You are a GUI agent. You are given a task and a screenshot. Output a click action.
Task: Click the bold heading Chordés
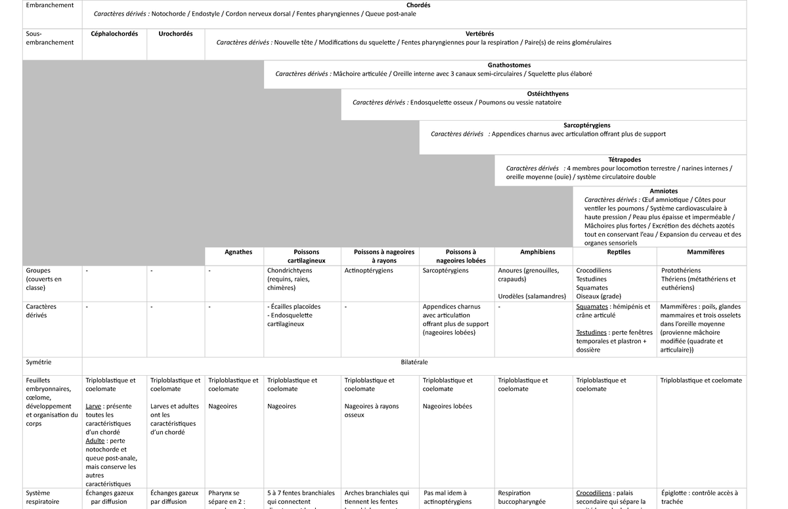(418, 5)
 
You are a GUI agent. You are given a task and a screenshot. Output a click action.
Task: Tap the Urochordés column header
(175, 34)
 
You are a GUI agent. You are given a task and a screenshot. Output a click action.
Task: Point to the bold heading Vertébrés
(479, 34)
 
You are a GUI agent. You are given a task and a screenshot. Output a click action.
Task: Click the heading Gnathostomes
(510, 66)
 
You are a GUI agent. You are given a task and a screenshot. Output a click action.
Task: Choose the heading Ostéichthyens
(548, 94)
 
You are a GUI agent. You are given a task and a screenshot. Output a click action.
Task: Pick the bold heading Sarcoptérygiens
(587, 125)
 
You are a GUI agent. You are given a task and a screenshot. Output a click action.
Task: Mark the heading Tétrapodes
(624, 159)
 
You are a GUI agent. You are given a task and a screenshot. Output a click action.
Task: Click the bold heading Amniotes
(664, 192)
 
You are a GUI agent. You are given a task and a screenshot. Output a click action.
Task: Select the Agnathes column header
(238, 252)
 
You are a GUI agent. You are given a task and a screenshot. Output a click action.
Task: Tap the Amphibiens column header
(537, 252)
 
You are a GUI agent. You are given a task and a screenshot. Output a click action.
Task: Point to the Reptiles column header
(619, 252)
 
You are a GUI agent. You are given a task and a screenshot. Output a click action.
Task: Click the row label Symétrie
(38, 362)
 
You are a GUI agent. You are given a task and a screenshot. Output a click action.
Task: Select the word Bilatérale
(414, 362)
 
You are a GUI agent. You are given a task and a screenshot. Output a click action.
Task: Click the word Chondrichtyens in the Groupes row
(290, 270)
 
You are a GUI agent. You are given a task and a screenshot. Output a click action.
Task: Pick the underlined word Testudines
(591, 333)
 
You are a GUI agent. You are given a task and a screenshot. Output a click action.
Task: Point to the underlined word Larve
(93, 406)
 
